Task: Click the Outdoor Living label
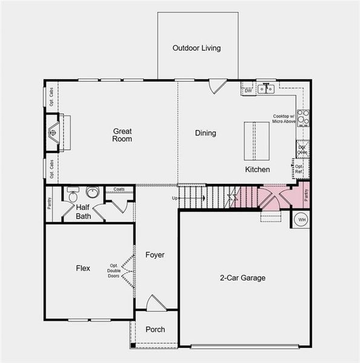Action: [x=197, y=48]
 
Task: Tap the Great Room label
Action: [x=122, y=135]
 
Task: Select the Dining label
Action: [x=205, y=133]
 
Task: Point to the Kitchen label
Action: [x=257, y=169]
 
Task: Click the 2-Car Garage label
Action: [x=242, y=278]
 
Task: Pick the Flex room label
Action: [x=83, y=268]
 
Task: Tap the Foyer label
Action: [x=155, y=255]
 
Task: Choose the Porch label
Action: [x=155, y=330]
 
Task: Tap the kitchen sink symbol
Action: [x=265, y=89]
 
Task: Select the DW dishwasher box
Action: [x=248, y=91]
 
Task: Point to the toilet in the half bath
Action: [x=72, y=195]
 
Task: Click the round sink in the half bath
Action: [x=93, y=193]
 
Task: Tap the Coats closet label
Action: [x=119, y=190]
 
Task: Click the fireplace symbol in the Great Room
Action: [x=54, y=132]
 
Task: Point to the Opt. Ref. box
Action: [x=299, y=168]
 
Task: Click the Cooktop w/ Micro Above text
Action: [x=283, y=119]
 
